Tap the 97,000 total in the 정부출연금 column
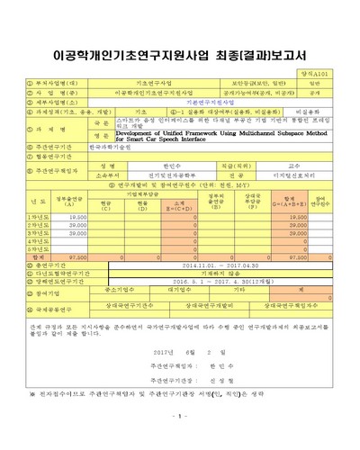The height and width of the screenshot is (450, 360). [x=76, y=256]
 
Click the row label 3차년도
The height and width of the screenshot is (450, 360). [x=39, y=232]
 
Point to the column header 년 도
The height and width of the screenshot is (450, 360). [x=39, y=201]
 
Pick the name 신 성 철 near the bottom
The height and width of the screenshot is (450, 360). [x=228, y=382]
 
